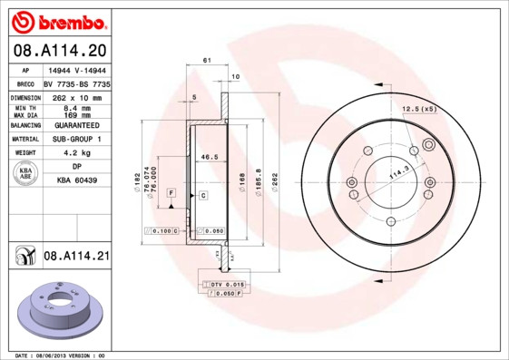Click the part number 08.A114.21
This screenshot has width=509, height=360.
[76, 258]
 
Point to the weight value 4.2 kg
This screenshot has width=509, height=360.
[77, 153]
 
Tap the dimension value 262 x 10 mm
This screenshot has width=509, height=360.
[77, 97]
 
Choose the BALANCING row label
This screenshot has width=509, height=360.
[24, 125]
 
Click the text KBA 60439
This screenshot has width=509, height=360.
[77, 181]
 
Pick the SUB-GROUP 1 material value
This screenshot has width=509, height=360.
[77, 139]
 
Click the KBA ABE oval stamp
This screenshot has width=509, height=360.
[25, 175]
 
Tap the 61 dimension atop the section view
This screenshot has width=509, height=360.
[207, 60]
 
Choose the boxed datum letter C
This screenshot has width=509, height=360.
[203, 195]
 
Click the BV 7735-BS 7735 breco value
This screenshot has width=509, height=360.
[77, 83]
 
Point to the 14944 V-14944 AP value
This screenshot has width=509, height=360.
[77, 70]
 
